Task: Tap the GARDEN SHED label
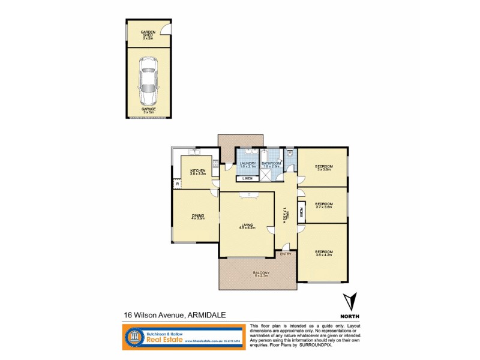coord(148,35)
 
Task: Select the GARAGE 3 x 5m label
coord(148,110)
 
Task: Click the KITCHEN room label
coord(198,172)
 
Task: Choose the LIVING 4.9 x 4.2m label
coord(247,226)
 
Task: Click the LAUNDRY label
coord(248,164)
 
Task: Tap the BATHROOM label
coord(271,164)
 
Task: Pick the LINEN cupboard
coord(247,179)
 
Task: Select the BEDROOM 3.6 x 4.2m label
coord(323,253)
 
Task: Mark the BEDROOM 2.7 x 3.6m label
coord(323,205)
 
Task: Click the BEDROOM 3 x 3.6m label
coord(324,168)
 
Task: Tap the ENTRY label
coord(286,254)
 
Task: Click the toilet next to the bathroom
coord(289,153)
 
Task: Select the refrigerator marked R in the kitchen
coord(178,184)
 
